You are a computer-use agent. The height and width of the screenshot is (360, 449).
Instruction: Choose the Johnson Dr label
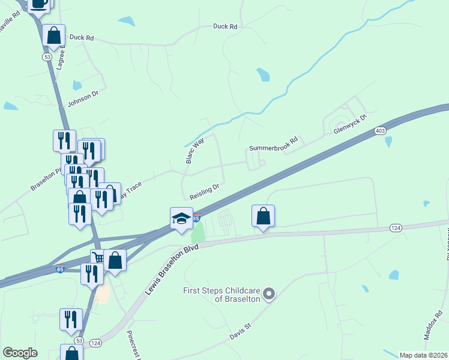[x=83, y=97]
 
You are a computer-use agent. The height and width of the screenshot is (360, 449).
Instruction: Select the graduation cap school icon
[x=181, y=219]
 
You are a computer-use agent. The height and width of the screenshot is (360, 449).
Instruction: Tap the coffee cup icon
[x=40, y=4]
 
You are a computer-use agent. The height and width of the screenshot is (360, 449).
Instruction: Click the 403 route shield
[x=379, y=130]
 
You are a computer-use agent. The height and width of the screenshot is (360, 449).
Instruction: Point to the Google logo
[x=20, y=353]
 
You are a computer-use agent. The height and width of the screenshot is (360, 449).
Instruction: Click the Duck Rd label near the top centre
[x=225, y=26]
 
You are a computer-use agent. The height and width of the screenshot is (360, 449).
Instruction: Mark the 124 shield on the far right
[x=396, y=227]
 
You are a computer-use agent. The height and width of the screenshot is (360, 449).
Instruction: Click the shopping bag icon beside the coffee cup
[x=54, y=35]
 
